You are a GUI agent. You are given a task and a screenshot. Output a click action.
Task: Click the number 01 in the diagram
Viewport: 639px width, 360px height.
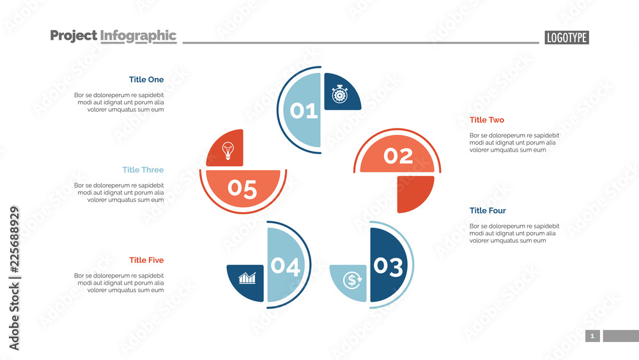[304, 111]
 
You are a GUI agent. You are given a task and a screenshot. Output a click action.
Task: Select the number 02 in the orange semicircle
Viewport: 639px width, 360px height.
[398, 156]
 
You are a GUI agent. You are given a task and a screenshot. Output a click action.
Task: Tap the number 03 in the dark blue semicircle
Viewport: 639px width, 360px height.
[389, 267]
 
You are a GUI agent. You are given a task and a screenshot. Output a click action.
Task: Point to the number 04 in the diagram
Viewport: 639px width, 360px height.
[285, 267]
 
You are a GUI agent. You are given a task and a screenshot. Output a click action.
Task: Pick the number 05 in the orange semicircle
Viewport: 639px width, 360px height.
[242, 189]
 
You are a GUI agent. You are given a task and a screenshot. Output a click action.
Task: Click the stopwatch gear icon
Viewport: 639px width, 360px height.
[339, 95]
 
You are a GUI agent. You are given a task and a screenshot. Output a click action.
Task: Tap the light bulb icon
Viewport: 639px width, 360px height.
[227, 151]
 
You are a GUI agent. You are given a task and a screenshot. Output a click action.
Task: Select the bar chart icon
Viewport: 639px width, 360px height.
[247, 278]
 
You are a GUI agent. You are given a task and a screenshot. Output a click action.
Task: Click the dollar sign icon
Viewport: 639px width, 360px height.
[352, 279]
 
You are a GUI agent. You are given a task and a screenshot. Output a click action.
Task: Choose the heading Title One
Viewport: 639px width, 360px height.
[146, 80]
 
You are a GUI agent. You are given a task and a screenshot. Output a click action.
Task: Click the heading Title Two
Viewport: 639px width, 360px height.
[487, 120]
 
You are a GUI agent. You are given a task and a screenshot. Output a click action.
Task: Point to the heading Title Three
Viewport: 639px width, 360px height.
[143, 170]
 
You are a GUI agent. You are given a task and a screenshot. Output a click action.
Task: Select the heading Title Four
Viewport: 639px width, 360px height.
[488, 211]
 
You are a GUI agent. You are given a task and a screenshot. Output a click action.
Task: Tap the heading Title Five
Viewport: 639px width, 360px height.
[146, 260]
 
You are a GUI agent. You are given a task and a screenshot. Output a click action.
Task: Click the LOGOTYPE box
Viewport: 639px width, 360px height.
[567, 38]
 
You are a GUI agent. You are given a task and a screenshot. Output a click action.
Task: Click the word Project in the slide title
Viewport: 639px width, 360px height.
[73, 36]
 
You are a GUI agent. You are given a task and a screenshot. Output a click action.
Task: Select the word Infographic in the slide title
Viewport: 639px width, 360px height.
[138, 36]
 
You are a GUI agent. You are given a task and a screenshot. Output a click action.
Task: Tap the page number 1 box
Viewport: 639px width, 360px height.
[592, 336]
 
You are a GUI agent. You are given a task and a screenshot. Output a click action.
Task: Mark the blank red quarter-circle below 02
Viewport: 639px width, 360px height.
[413, 191]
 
